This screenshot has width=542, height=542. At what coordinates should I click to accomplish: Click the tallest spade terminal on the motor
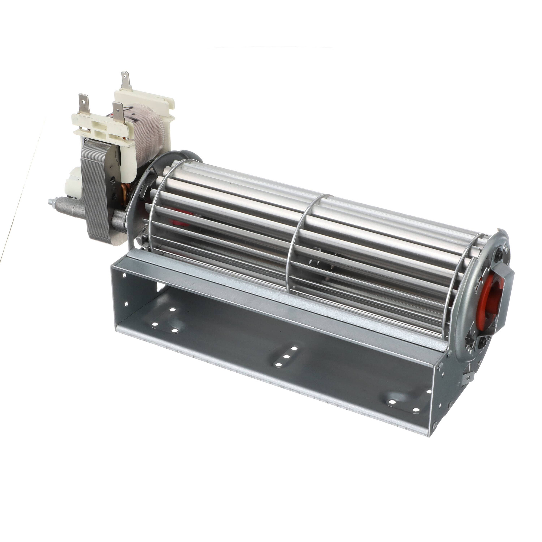tap(125, 80)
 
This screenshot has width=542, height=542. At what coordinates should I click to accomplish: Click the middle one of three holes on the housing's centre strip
tap(286, 357)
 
